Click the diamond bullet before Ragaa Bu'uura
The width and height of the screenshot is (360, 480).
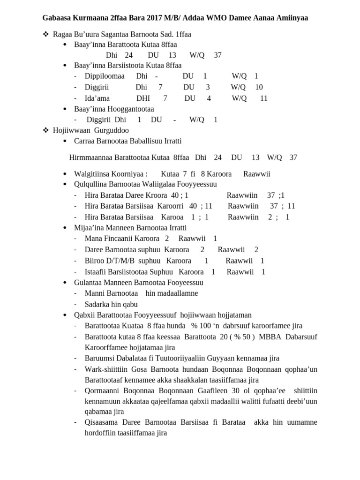[x=45, y=34]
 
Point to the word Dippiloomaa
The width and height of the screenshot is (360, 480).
[x=105, y=76]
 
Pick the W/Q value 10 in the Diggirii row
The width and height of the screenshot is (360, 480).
[x=259, y=87]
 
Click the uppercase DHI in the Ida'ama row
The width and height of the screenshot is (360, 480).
[x=143, y=98]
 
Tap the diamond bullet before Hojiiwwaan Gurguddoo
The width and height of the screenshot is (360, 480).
[x=45, y=130]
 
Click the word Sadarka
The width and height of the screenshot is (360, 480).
[x=97, y=304]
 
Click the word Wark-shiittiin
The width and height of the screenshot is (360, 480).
[x=105, y=369]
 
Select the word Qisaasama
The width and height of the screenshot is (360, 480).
[x=101, y=422]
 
